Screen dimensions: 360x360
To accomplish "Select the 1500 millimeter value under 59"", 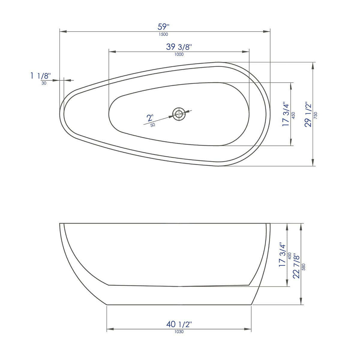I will [x=163, y=34].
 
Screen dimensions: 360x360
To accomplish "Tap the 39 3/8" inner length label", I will [x=179, y=47].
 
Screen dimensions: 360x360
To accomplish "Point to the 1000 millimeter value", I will [x=179, y=54].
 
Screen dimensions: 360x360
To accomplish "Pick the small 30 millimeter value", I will [x=44, y=83].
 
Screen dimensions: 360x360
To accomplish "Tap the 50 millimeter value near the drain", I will [x=153, y=125].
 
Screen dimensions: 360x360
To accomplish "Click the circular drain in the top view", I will [x=179, y=114].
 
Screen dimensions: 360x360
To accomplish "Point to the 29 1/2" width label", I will [x=308, y=115].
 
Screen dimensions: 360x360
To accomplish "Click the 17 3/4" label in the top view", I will [x=286, y=115].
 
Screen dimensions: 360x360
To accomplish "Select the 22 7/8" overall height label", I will [x=297, y=266].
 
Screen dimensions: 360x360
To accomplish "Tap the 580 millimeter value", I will [x=303, y=267].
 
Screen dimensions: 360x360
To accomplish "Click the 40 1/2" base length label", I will [x=179, y=324].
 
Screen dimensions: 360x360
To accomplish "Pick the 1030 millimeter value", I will [x=179, y=331].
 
